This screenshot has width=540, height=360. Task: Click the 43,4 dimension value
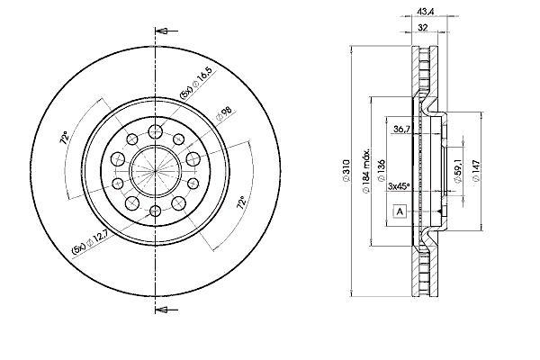426,12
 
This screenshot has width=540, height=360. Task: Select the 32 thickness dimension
423,28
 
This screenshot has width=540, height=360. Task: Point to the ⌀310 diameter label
346,170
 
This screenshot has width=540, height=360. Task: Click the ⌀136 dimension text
382,170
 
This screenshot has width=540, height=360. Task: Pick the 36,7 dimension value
401,130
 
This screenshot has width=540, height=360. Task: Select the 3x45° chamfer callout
399,186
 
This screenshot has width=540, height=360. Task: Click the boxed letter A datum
400,211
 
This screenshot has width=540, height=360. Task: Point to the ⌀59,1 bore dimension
458,171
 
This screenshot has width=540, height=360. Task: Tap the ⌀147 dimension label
476,170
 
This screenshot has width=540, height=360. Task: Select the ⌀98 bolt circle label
224,113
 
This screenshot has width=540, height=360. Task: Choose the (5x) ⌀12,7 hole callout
90,242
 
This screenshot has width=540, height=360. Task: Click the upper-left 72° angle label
64,138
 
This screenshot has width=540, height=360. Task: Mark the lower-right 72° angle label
242,202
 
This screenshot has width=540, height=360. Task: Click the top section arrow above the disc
166,31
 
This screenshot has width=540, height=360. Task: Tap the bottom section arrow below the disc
166,310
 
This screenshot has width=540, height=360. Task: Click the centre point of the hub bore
156,170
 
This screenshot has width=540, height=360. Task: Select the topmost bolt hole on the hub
156,130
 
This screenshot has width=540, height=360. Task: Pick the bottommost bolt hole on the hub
156,210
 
